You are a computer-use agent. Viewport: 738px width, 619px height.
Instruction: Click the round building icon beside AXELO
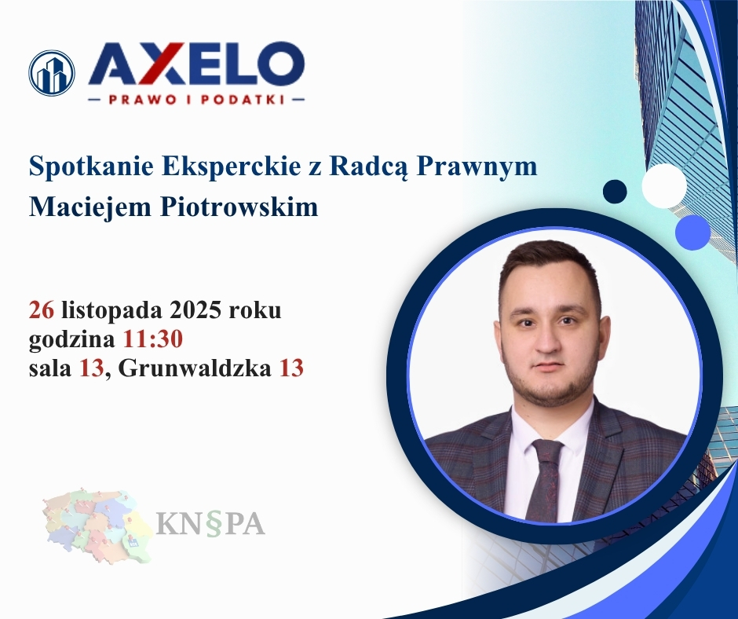pos(52,73)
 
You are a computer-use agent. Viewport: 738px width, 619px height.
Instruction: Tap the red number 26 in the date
pos(41,310)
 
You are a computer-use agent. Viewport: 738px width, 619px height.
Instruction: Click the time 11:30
pos(153,339)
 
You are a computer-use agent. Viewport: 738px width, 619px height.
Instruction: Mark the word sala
pos(50,368)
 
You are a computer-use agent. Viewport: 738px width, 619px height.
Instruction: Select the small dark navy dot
pos(615,191)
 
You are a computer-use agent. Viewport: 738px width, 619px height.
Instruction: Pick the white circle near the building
pos(664,185)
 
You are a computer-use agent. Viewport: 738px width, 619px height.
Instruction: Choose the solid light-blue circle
pos(692,233)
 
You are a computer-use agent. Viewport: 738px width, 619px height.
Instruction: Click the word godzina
pos(72,339)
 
